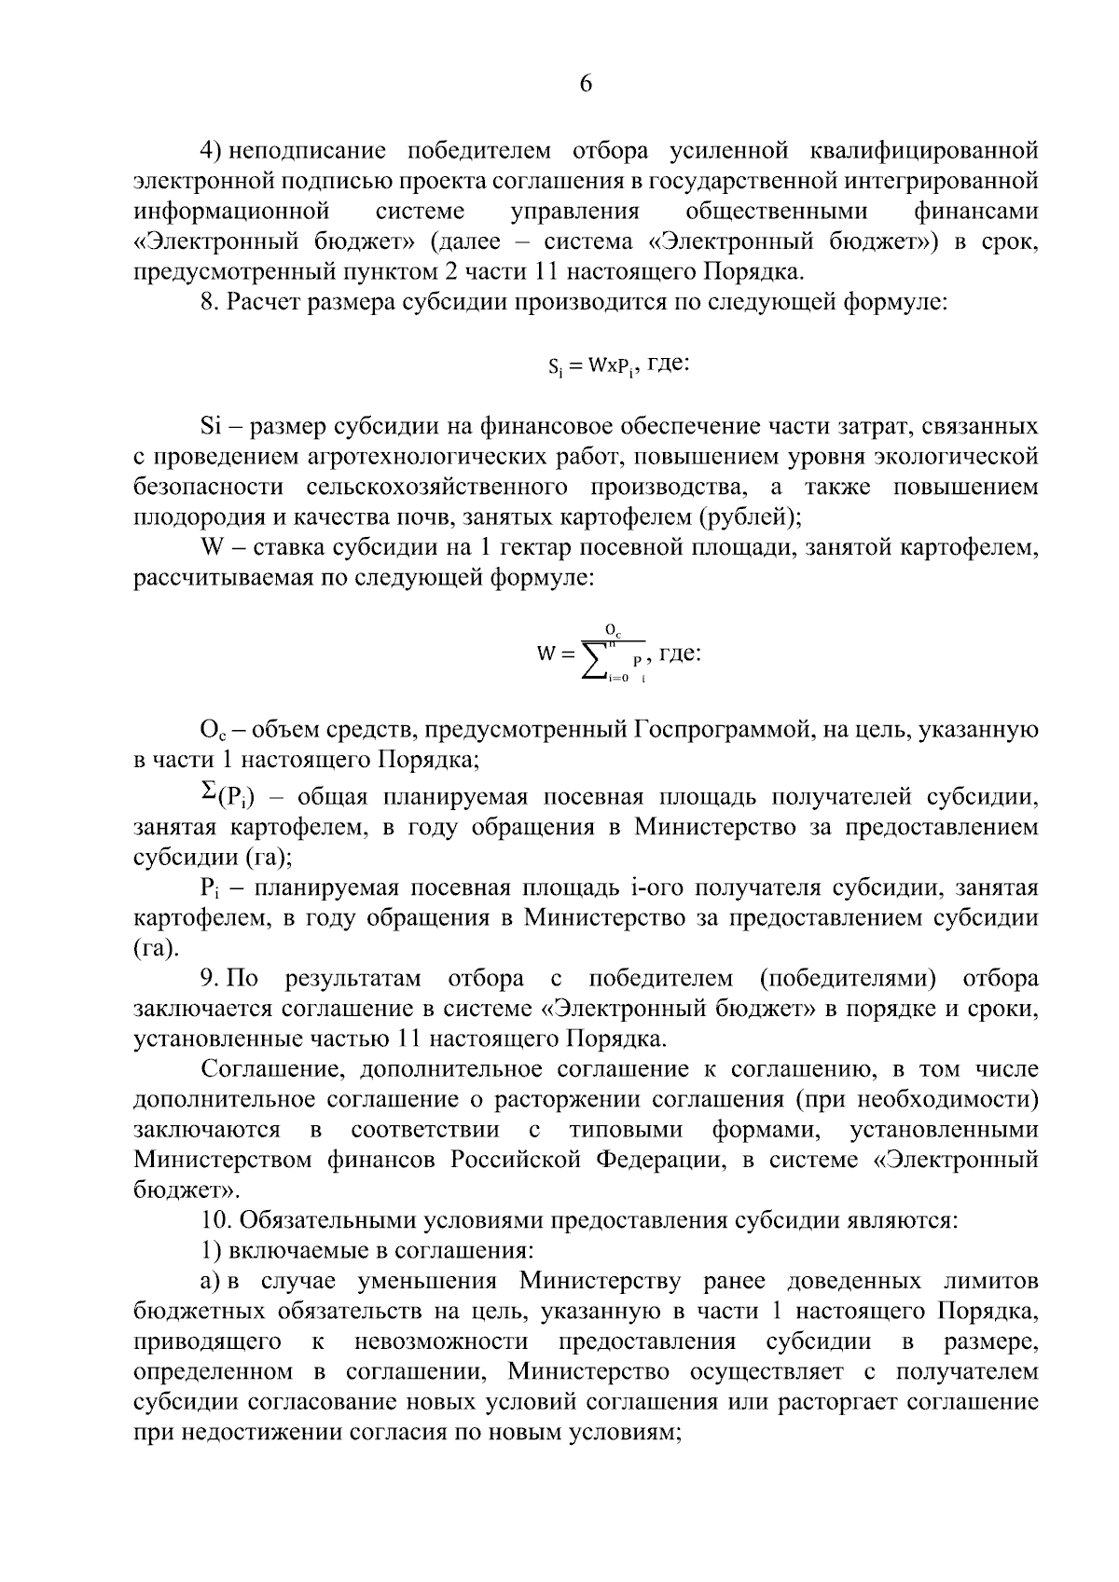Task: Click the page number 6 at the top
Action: pyautogui.click(x=586, y=84)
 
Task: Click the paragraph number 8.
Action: pyautogui.click(x=210, y=302)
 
